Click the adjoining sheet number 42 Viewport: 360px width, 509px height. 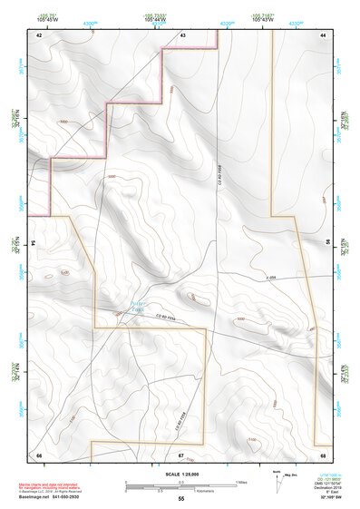[x=39, y=34]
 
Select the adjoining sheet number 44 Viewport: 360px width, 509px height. [x=323, y=34]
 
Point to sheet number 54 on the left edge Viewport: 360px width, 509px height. [x=34, y=243]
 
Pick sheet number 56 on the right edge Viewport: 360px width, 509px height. [x=326, y=243]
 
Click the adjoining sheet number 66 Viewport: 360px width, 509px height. [x=39, y=454]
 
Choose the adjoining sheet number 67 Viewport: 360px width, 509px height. [x=181, y=454]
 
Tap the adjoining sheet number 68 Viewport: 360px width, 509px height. [x=323, y=454]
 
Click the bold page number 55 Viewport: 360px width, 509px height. [x=180, y=499]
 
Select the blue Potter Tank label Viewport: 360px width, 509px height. [x=138, y=308]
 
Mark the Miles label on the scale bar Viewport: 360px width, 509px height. [x=241, y=482]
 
